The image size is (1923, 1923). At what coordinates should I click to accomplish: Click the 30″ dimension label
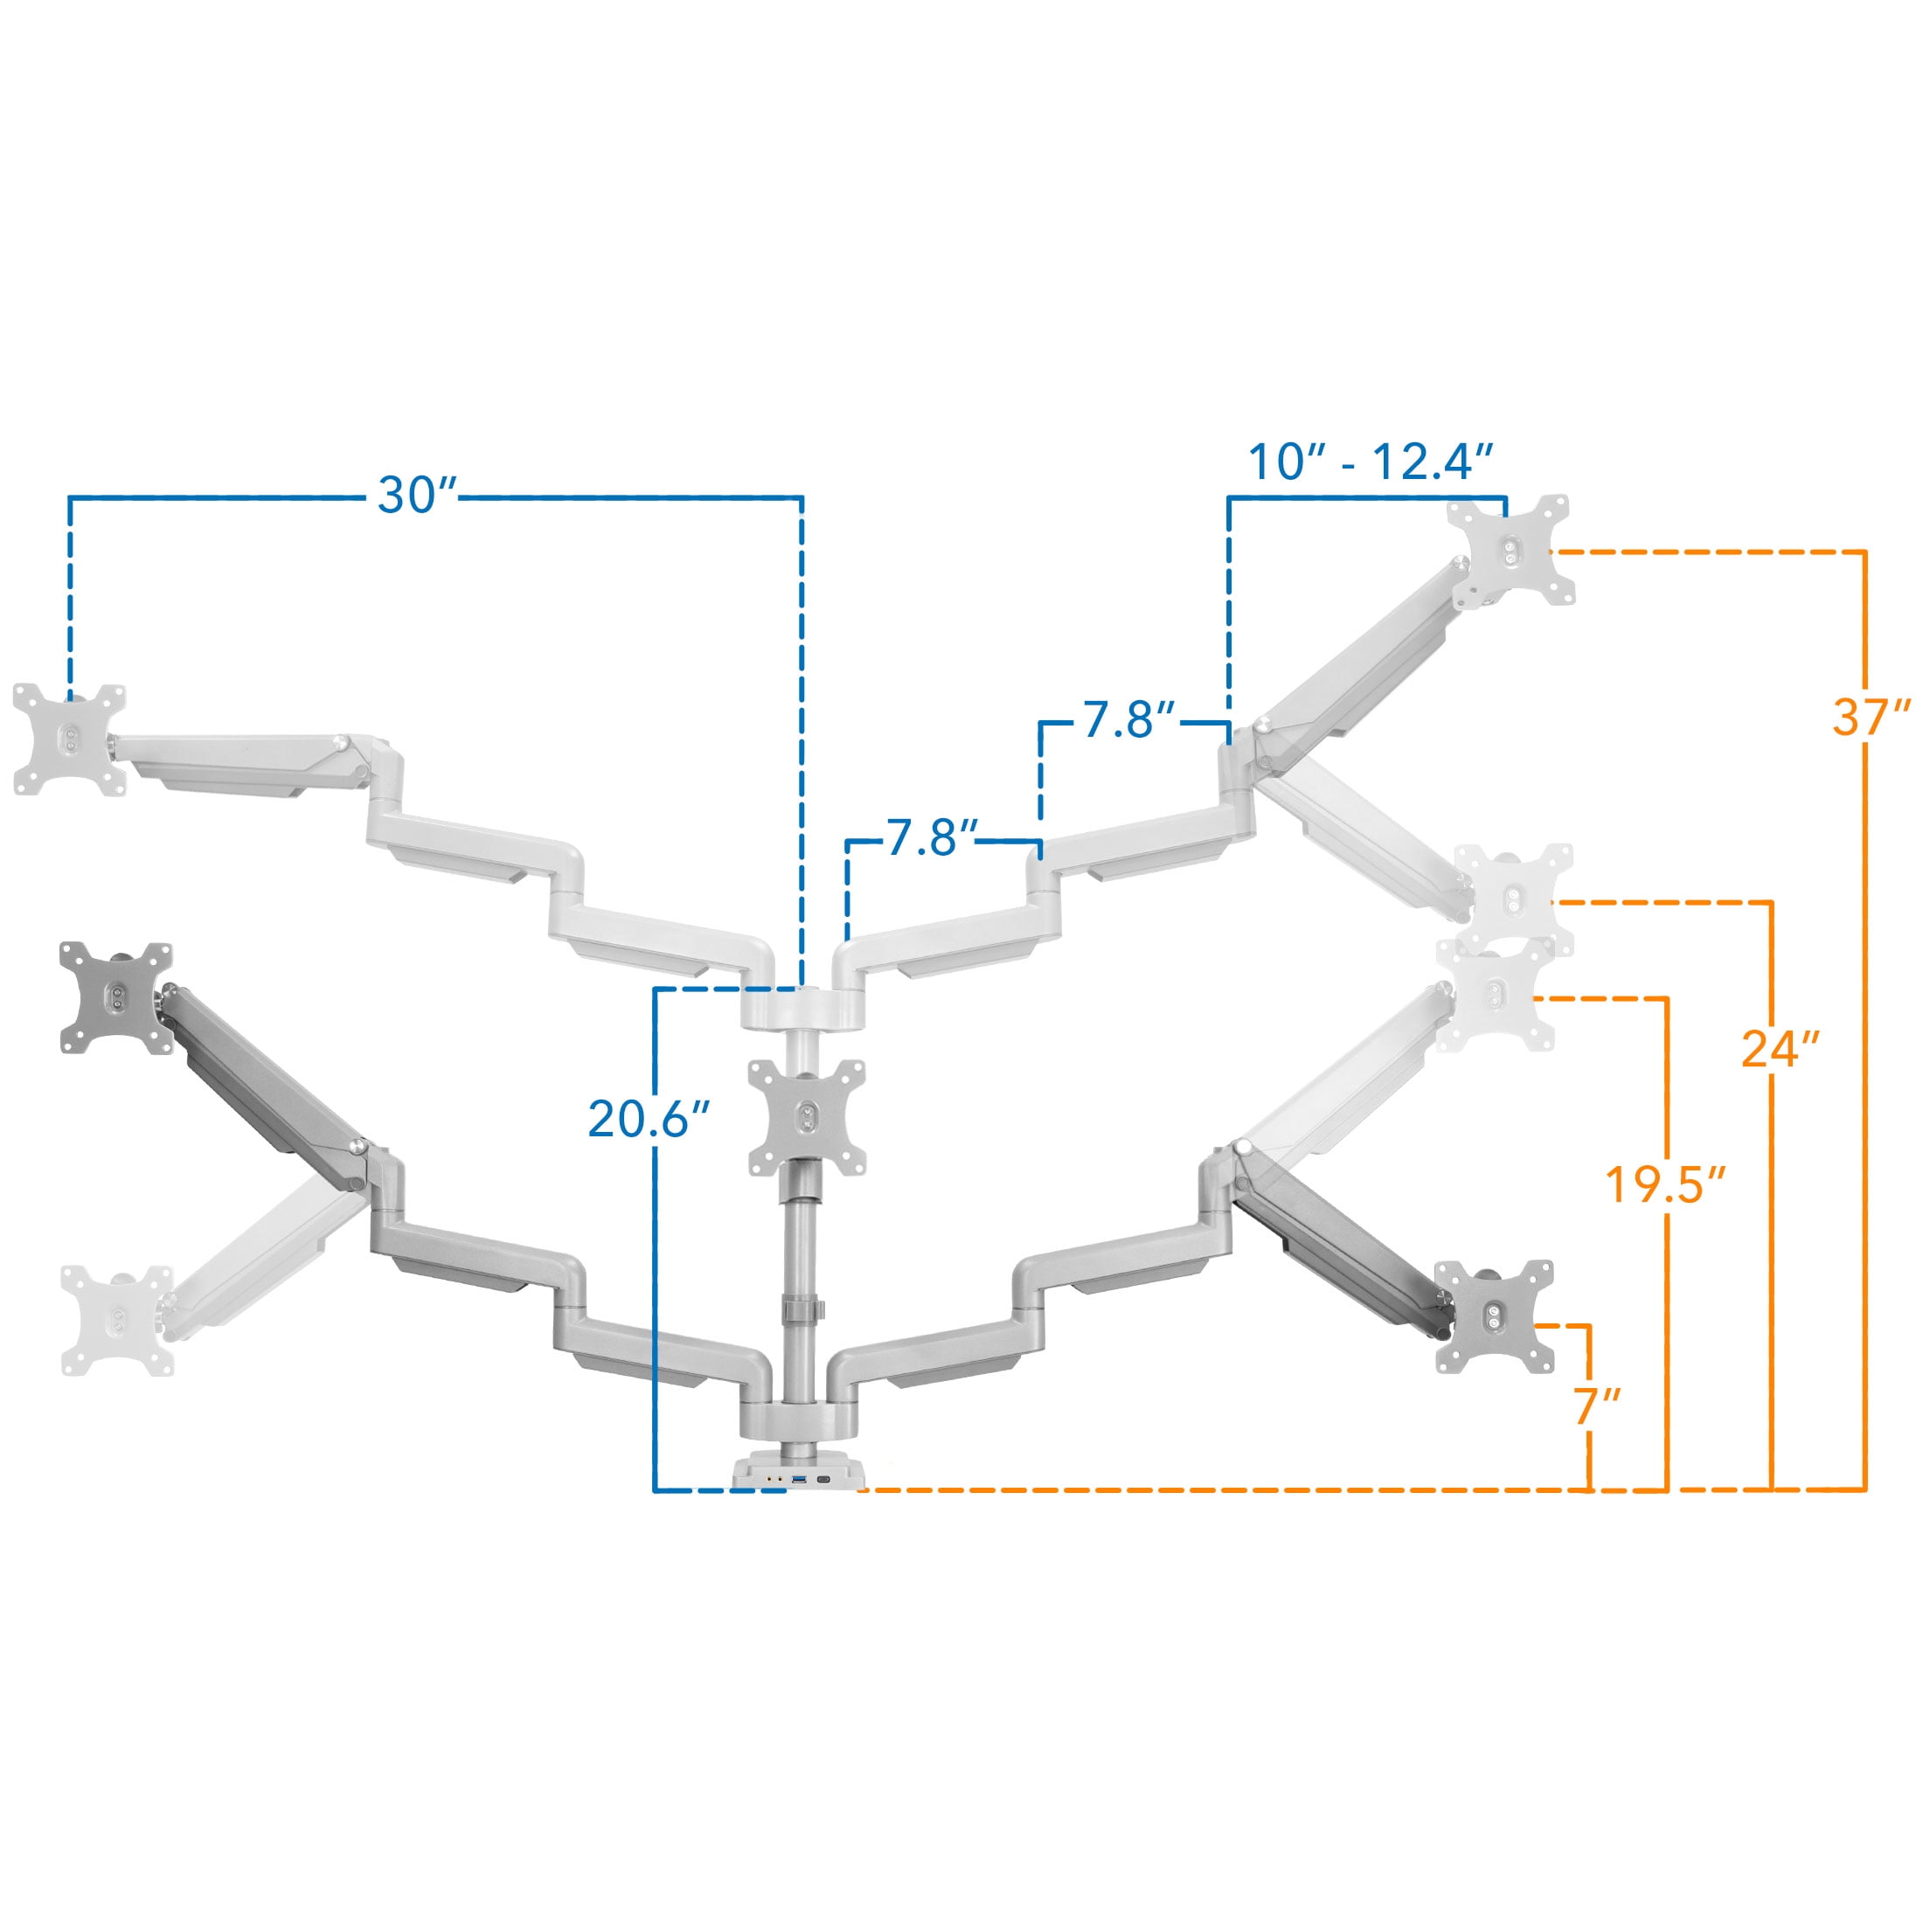click(x=416, y=495)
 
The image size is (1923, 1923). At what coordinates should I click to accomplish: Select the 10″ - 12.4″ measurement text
click(x=1371, y=462)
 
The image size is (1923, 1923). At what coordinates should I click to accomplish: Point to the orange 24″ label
click(x=1781, y=1048)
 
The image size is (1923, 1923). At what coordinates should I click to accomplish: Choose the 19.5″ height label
click(x=1665, y=1184)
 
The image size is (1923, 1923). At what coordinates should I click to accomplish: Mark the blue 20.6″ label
click(x=649, y=1119)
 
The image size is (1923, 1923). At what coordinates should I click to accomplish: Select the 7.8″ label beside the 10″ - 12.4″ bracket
click(x=1129, y=719)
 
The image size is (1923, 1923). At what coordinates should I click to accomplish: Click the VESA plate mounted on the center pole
click(x=806, y=1117)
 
